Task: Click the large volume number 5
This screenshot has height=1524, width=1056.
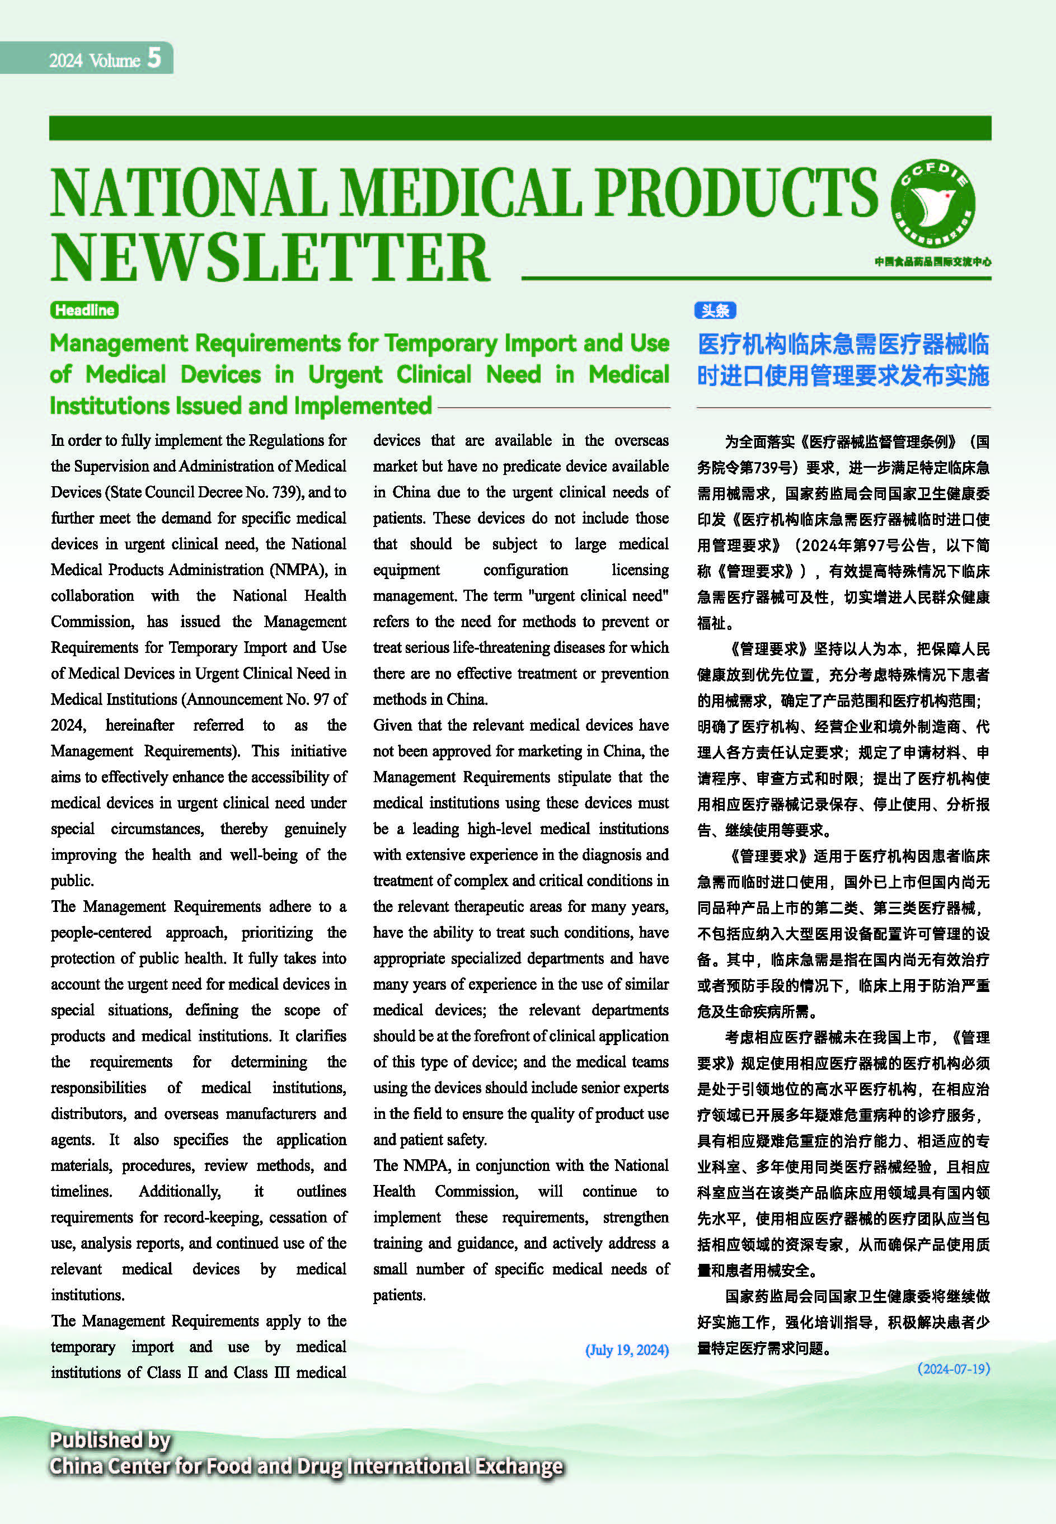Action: pos(153,58)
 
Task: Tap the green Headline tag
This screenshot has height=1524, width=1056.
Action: pos(84,309)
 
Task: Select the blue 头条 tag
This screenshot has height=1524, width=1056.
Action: pos(715,310)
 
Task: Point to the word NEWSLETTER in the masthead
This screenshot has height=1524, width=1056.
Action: pos(269,257)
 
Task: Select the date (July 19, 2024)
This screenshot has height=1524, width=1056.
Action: pos(627,1349)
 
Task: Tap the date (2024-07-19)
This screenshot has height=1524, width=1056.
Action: pos(954,1369)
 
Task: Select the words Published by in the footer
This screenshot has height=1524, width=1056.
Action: pos(110,1440)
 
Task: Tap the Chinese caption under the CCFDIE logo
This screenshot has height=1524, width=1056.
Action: pos(932,262)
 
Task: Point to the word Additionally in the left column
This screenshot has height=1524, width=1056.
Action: pos(179,1191)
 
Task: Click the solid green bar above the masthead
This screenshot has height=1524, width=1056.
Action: pos(519,128)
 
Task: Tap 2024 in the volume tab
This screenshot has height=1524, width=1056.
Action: pos(65,61)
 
